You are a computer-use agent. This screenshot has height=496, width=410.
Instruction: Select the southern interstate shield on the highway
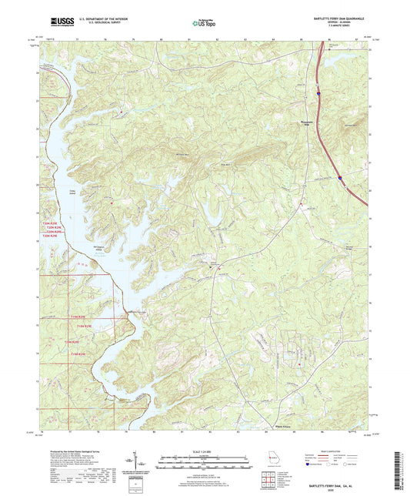(339, 178)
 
